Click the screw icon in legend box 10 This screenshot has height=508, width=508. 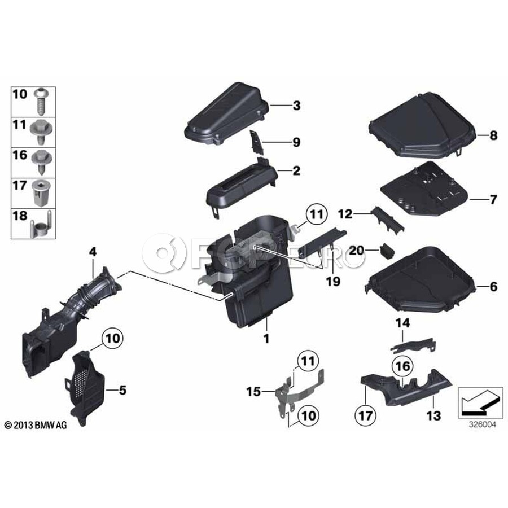click(x=41, y=102)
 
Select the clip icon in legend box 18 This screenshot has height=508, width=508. click(x=41, y=224)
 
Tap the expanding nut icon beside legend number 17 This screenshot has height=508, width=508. click(x=41, y=194)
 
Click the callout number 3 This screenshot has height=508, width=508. click(x=296, y=106)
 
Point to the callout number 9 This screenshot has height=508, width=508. click(x=296, y=143)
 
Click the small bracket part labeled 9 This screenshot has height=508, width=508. click(x=257, y=142)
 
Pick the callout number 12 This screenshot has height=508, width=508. click(x=345, y=214)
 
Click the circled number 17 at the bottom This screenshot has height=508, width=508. click(x=366, y=415)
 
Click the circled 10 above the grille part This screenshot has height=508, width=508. click(x=113, y=339)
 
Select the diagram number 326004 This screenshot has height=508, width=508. click(x=483, y=424)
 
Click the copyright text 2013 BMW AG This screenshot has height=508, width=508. click(x=36, y=425)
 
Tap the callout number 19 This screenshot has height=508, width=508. click(x=333, y=281)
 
